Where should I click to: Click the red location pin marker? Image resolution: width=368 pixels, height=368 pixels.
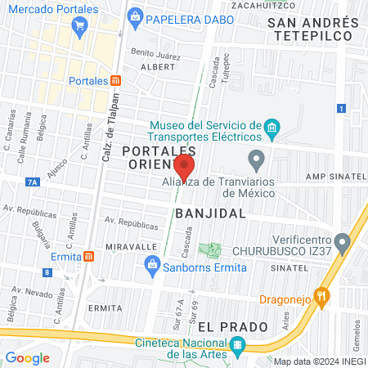tap(185, 166)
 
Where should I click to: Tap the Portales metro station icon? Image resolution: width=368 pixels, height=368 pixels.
tap(116, 81)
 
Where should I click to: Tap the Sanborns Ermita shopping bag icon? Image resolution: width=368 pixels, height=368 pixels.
tap(151, 263)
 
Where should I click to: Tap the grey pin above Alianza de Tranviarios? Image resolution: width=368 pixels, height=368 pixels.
tap(257, 158)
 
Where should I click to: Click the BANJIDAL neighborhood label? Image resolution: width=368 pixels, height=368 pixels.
tap(210, 213)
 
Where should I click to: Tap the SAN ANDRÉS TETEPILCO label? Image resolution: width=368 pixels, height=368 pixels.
tap(313, 30)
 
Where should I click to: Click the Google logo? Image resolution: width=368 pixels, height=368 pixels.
tap(27, 357)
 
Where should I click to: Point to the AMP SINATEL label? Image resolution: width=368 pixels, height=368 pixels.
tap(334, 177)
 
